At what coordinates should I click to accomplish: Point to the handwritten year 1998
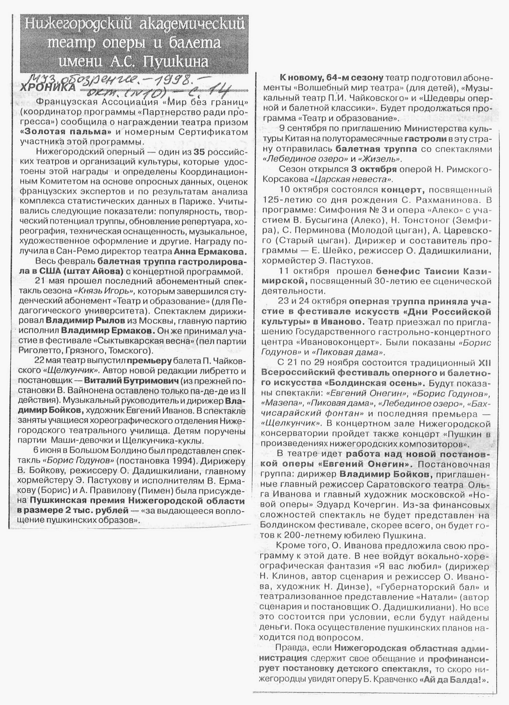174,81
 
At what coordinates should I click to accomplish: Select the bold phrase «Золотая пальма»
66,132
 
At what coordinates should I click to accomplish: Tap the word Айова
107,272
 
